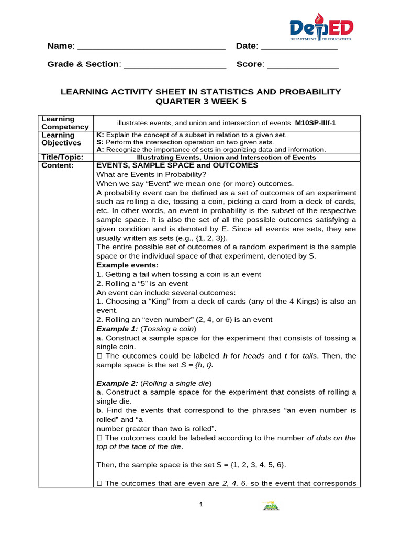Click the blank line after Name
[151, 47]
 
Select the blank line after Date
[299, 47]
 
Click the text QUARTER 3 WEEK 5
[200, 101]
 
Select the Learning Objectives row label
[61, 139]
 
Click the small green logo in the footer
[270, 507]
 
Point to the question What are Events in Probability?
[152, 174]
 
